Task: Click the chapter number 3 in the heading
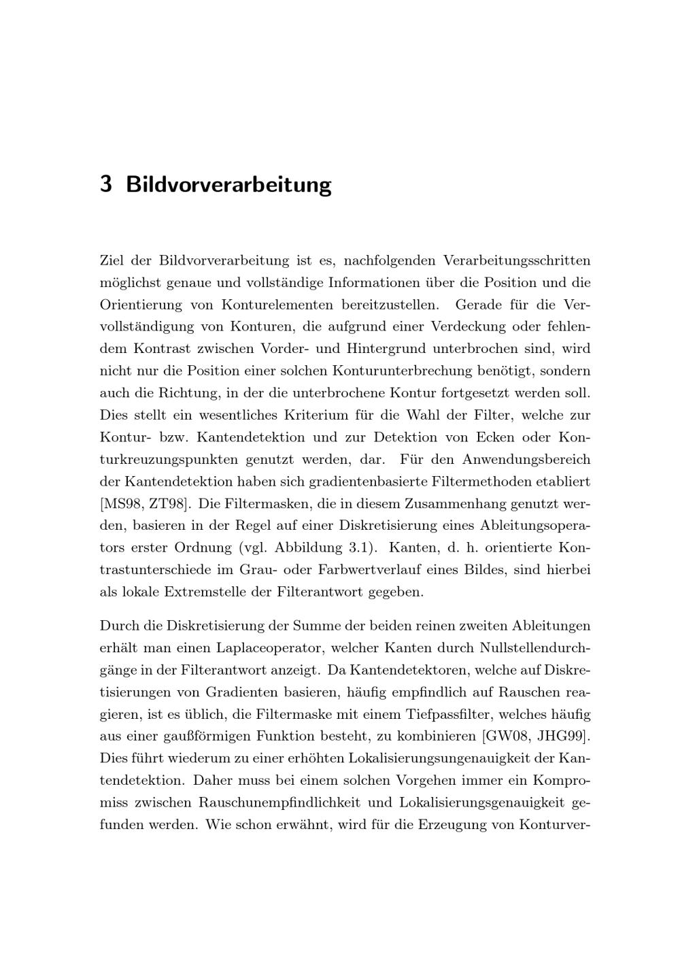coord(105,184)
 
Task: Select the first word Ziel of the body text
coord(112,260)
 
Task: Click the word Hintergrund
coord(384,349)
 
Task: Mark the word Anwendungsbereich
coord(526,459)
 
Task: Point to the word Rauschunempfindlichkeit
coord(294,802)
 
